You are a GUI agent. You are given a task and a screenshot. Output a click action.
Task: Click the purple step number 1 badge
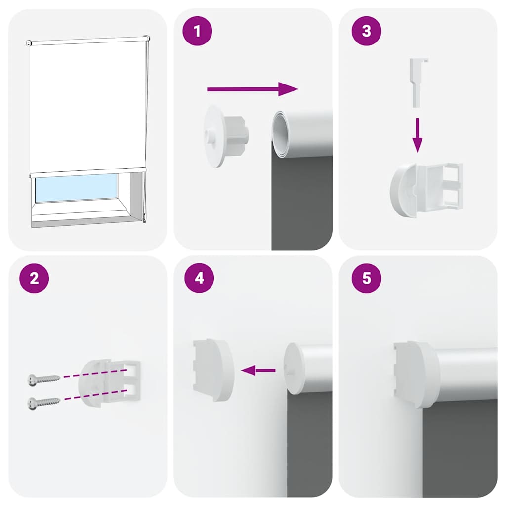click(198, 32)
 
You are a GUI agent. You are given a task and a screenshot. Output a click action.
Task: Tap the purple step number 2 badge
click(34, 278)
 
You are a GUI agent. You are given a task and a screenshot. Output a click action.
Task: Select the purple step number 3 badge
click(366, 32)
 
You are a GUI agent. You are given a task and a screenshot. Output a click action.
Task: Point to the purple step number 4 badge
click(199, 278)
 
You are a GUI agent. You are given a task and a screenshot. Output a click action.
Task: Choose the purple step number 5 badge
click(366, 278)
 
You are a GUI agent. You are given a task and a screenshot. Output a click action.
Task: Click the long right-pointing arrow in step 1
click(252, 89)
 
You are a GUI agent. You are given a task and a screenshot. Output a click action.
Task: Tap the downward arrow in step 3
click(418, 135)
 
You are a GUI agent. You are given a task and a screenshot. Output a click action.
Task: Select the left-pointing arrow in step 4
click(258, 370)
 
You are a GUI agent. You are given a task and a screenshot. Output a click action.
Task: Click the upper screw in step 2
click(43, 379)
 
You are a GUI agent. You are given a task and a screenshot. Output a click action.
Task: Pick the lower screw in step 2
click(43, 402)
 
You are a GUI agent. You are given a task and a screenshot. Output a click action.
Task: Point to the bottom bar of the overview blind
click(88, 170)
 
